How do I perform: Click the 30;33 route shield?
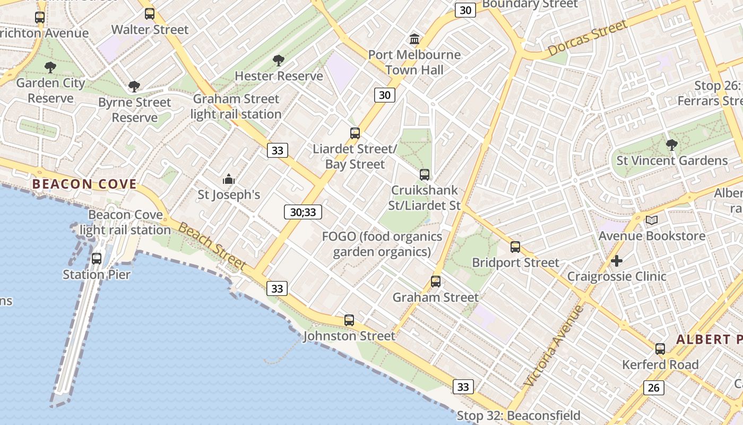(x=303, y=212)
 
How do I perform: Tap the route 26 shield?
(x=653, y=388)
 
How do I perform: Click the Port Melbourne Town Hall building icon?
(x=414, y=39)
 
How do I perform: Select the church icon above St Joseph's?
(x=229, y=179)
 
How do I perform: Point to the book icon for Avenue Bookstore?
(x=652, y=220)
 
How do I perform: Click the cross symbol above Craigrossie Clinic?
(x=616, y=261)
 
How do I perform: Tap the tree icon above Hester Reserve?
(x=278, y=61)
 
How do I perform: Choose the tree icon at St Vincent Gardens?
(x=671, y=144)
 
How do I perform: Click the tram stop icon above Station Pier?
(x=97, y=259)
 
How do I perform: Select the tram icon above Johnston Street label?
(x=349, y=320)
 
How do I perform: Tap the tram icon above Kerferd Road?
(x=660, y=349)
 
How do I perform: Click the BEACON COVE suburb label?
(x=84, y=184)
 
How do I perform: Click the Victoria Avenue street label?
(x=554, y=346)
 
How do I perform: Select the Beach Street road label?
(x=212, y=246)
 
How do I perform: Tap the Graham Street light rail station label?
(x=236, y=106)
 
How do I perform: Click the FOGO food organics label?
(x=382, y=244)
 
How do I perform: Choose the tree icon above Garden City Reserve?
(x=50, y=67)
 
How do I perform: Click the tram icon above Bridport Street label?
(x=515, y=246)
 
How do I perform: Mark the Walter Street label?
(x=150, y=29)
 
